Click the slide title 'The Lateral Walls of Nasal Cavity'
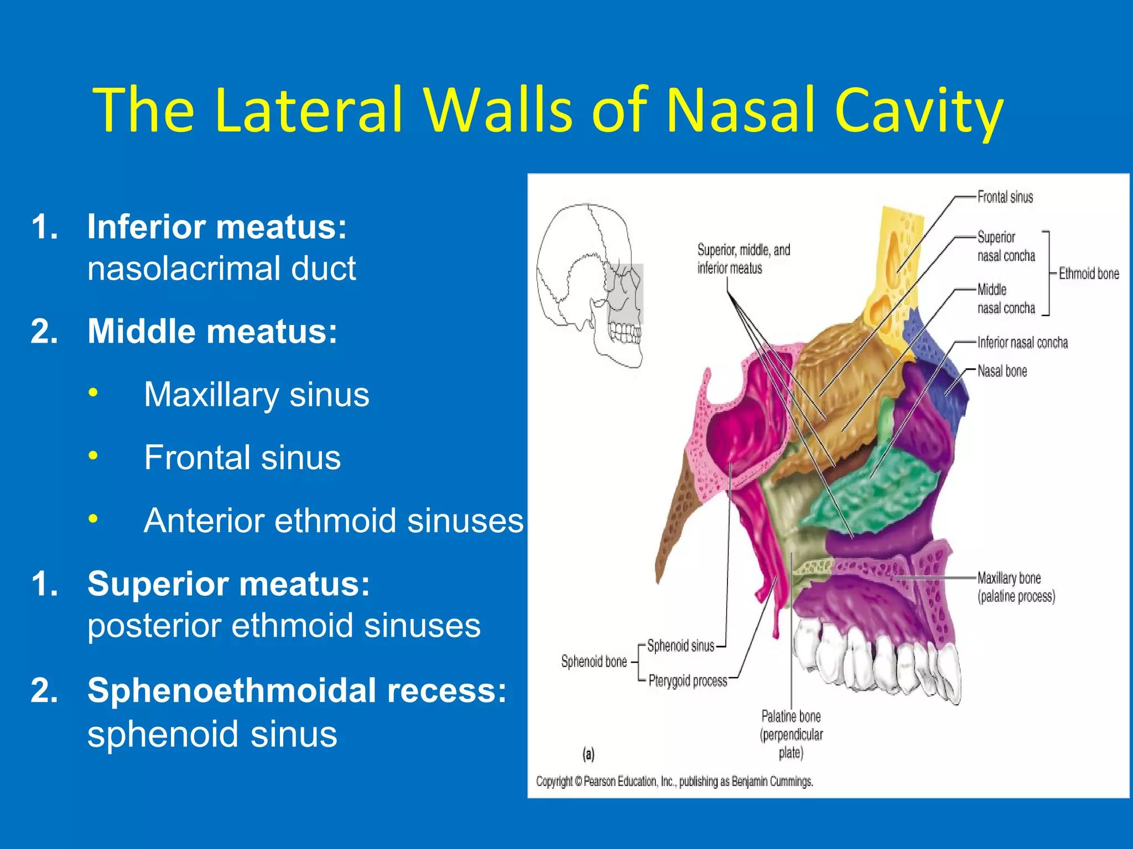coord(548,111)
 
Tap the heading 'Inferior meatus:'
coord(217,227)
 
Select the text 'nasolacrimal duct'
coord(221,269)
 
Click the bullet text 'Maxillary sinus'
coord(257,395)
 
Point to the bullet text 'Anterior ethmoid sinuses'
coord(333,521)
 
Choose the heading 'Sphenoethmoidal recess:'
coord(297,691)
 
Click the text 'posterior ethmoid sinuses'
coord(284,626)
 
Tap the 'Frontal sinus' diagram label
coord(1005,197)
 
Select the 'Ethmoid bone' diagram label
coord(1088,274)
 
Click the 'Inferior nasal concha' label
coord(1022,343)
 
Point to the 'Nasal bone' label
coord(1002,371)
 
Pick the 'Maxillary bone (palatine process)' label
coord(1016,587)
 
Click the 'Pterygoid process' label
coord(688,680)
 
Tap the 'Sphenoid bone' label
coord(594,662)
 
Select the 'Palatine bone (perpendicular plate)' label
coord(791,734)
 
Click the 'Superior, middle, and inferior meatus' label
coord(743,259)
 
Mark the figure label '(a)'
coord(588,754)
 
